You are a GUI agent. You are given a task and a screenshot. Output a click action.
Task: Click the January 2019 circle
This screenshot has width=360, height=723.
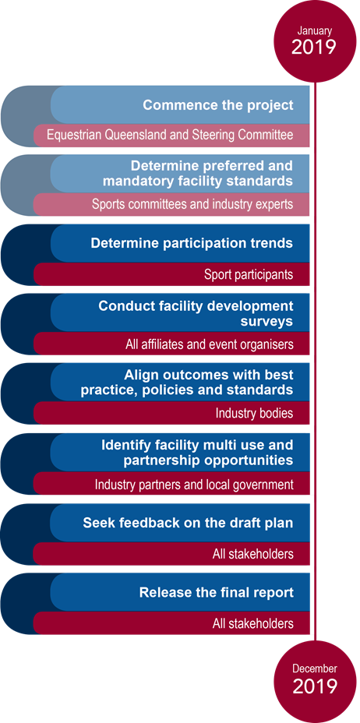pos(315,41)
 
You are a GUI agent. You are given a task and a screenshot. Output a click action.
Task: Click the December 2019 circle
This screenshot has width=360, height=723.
pos(315,682)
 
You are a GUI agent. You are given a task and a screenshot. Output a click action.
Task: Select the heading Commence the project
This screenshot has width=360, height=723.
pos(218,105)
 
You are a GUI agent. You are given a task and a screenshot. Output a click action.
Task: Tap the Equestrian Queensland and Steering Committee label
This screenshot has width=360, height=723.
pos(170,136)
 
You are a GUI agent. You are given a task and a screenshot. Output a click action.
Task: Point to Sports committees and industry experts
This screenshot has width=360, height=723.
pos(192,204)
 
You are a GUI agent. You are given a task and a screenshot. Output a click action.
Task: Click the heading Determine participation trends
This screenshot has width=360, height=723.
pos(192,243)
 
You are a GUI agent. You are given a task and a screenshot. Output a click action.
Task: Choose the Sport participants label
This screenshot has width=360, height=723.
pos(249,275)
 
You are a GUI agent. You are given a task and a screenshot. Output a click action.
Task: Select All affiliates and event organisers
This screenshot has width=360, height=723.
pos(210,344)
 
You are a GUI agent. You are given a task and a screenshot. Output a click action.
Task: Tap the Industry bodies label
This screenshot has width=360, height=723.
pos(255,413)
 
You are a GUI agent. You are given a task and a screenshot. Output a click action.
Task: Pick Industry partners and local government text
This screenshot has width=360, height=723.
pos(194,485)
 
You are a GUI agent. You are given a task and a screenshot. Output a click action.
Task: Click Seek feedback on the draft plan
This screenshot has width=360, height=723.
pos(188,524)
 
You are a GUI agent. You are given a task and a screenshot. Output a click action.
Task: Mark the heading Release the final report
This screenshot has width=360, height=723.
pos(217,593)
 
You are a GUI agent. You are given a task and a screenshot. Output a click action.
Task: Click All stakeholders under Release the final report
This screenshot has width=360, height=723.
pos(253,624)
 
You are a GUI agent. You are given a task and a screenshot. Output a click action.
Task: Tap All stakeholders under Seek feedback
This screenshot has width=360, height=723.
pos(253,554)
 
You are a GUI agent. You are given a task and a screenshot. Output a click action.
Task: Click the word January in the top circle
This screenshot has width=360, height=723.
pos(314,31)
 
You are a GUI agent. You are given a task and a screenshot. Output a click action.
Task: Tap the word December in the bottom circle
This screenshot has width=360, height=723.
pos(315,669)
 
